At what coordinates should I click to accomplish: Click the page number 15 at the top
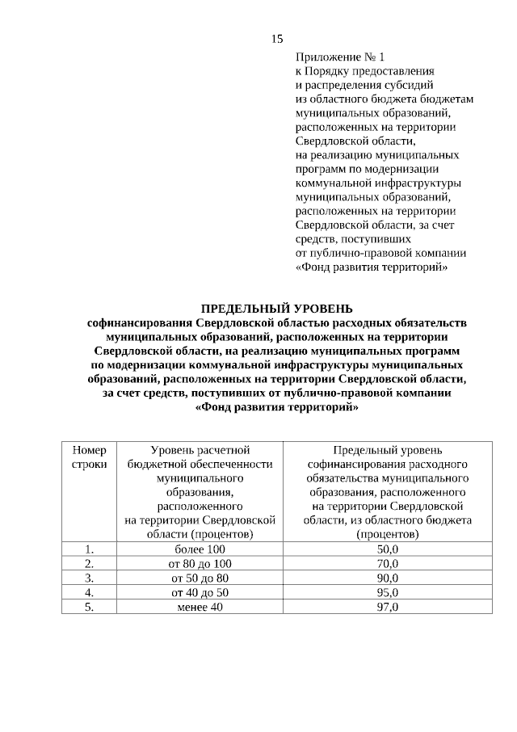coord(276,39)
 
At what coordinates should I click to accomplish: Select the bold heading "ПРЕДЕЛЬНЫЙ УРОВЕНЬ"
coord(276,308)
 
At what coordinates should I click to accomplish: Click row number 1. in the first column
coord(90,549)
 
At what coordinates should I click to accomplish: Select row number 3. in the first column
coord(90,578)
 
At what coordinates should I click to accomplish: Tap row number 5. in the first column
coord(90,606)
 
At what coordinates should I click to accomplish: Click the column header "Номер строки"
coord(90,457)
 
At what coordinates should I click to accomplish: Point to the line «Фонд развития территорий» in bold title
coord(276,407)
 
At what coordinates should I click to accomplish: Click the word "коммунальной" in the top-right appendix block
coord(332,183)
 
